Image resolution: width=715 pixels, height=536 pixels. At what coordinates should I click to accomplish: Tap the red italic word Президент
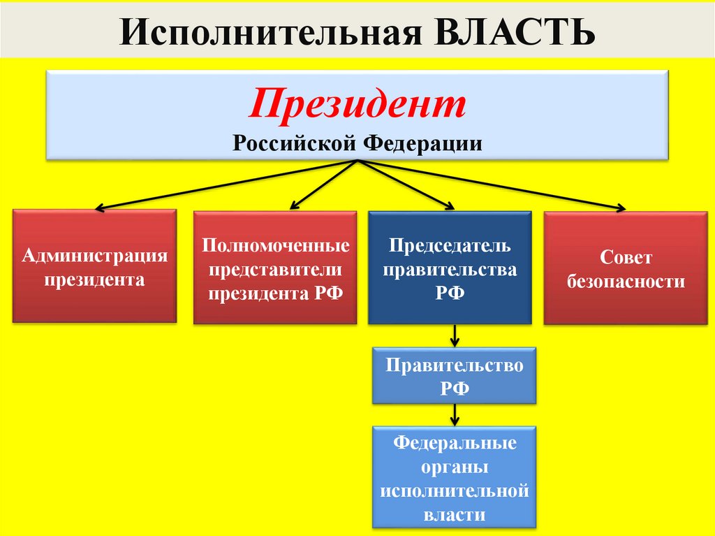(357, 106)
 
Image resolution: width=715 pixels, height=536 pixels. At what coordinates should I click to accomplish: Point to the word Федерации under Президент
(422, 143)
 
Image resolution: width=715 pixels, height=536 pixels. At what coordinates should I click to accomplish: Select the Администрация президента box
(94, 267)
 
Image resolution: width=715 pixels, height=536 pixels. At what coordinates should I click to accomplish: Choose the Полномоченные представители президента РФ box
(275, 268)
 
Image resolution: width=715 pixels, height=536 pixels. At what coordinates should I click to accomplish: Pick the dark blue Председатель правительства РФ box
(450, 268)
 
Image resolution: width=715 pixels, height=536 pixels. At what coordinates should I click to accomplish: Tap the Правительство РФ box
(455, 375)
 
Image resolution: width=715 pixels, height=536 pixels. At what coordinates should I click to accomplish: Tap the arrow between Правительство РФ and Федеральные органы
(455, 415)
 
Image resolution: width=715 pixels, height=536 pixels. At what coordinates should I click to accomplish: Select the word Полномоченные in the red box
(275, 247)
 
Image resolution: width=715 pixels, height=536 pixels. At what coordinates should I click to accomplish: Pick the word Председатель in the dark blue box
(450, 247)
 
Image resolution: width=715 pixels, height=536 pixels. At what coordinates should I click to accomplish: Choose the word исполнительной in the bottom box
(455, 491)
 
